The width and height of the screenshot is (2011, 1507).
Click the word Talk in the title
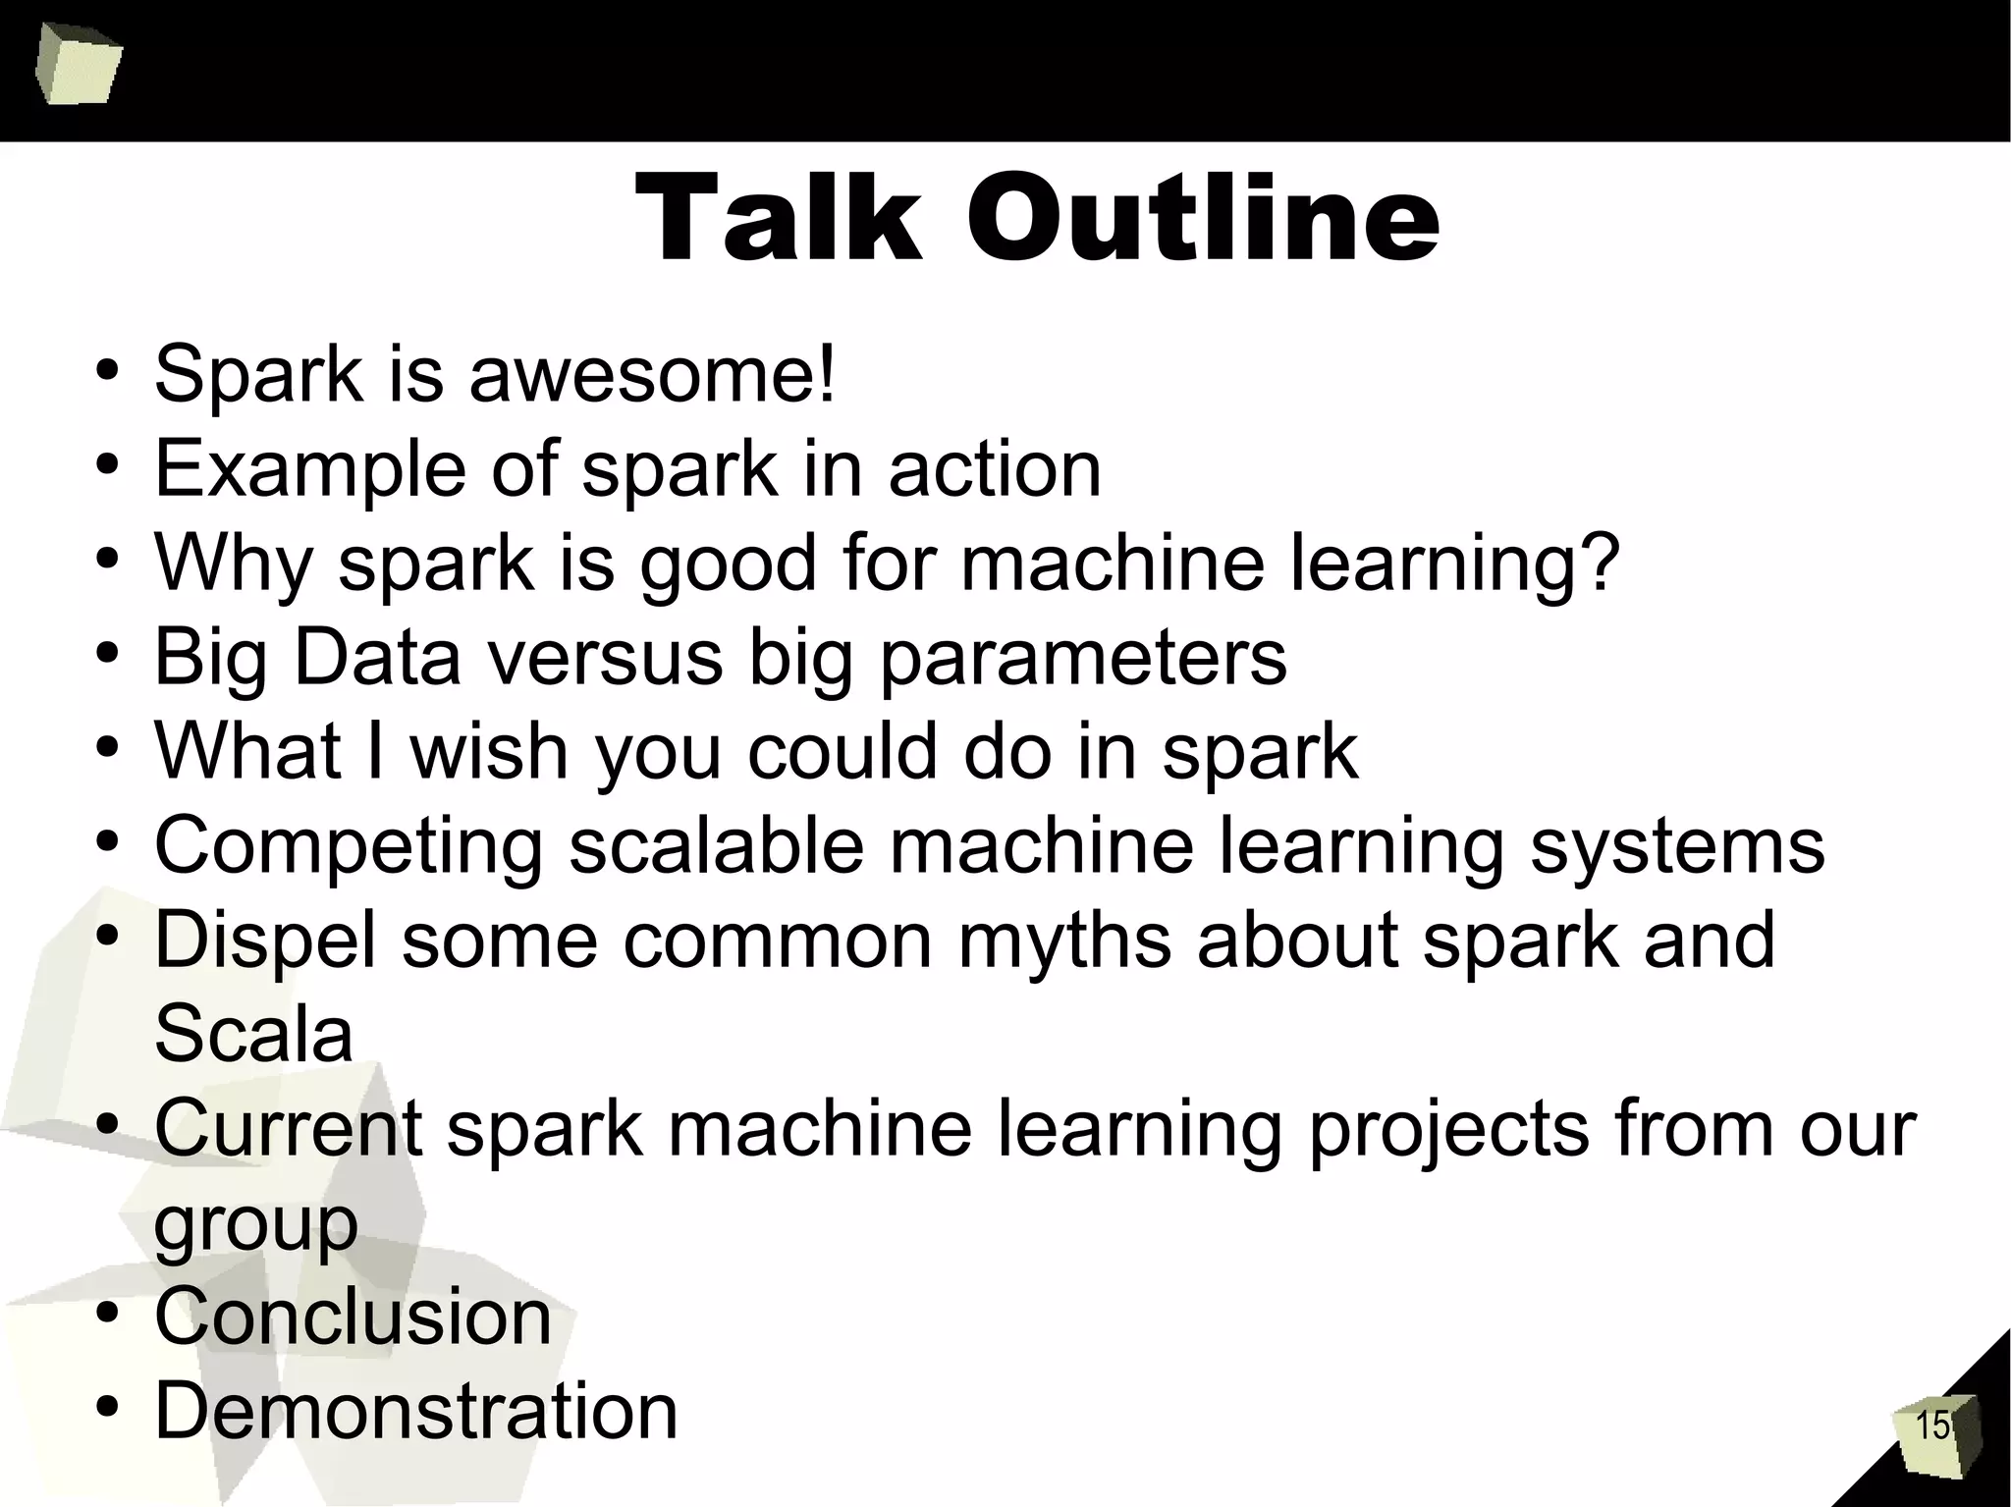[778, 218]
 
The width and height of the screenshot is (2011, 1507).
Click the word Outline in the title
[1203, 218]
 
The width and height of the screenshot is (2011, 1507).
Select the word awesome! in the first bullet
[652, 375]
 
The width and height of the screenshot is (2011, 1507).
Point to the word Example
[310, 469]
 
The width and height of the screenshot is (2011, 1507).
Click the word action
[995, 469]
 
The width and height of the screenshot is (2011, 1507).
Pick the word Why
[234, 564]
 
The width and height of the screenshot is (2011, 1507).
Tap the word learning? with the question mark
[1452, 564]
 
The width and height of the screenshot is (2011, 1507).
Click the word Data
[377, 658]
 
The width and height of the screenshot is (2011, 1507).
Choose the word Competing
[349, 846]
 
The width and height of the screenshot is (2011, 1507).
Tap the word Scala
[253, 1033]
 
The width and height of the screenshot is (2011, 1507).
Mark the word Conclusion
[353, 1316]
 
